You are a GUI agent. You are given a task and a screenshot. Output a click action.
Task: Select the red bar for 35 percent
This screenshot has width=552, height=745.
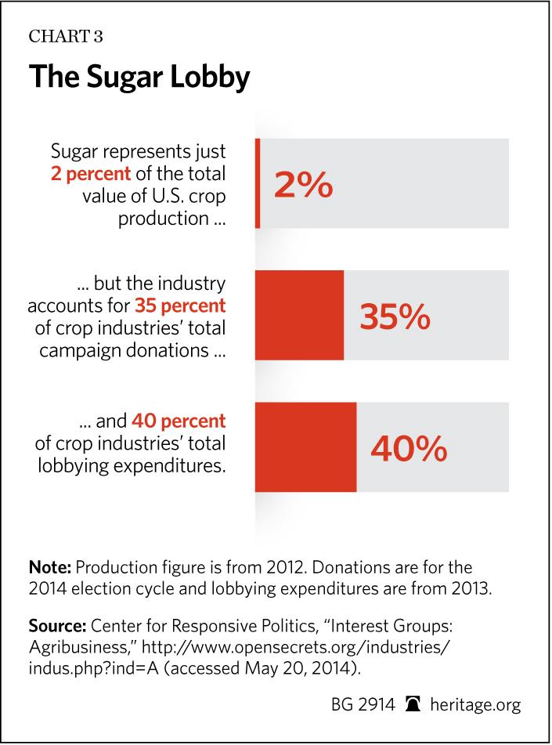click(300, 316)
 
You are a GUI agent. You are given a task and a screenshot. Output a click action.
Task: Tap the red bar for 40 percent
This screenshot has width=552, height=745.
click(306, 447)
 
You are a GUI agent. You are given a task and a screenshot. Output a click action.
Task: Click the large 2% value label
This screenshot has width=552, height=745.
click(303, 186)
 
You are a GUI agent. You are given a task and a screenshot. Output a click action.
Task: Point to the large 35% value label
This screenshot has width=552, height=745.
click(394, 317)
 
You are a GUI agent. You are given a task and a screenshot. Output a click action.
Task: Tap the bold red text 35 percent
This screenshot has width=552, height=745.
click(179, 304)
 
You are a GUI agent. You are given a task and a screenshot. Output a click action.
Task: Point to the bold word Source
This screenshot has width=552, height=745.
click(56, 626)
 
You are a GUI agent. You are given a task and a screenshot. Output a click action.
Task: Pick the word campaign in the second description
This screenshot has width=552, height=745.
click(73, 349)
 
